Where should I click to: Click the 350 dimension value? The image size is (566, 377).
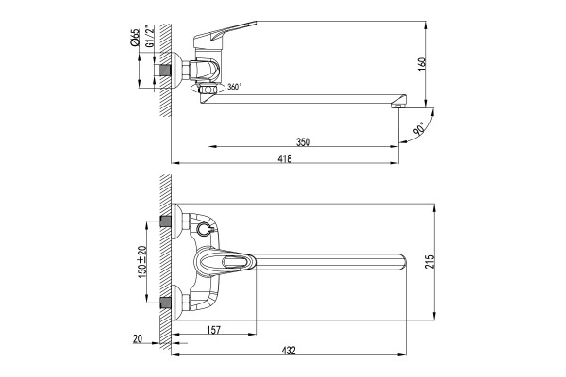pyautogui.click(x=303, y=141)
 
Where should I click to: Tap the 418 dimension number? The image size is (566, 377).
pyautogui.click(x=285, y=158)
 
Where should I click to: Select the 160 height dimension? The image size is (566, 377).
pyautogui.click(x=423, y=64)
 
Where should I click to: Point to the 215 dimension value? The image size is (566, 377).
pyautogui.click(x=429, y=262)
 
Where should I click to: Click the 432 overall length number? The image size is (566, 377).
pyautogui.click(x=289, y=350)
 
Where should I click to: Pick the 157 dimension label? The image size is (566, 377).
pyautogui.click(x=213, y=330)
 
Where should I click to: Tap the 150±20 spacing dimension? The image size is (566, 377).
pyautogui.click(x=142, y=262)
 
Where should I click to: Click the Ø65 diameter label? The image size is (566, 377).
pyautogui.click(x=135, y=37)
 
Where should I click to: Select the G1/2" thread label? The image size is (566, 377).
pyautogui.click(x=149, y=36)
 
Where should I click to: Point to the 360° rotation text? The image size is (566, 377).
pyautogui.click(x=234, y=87)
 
